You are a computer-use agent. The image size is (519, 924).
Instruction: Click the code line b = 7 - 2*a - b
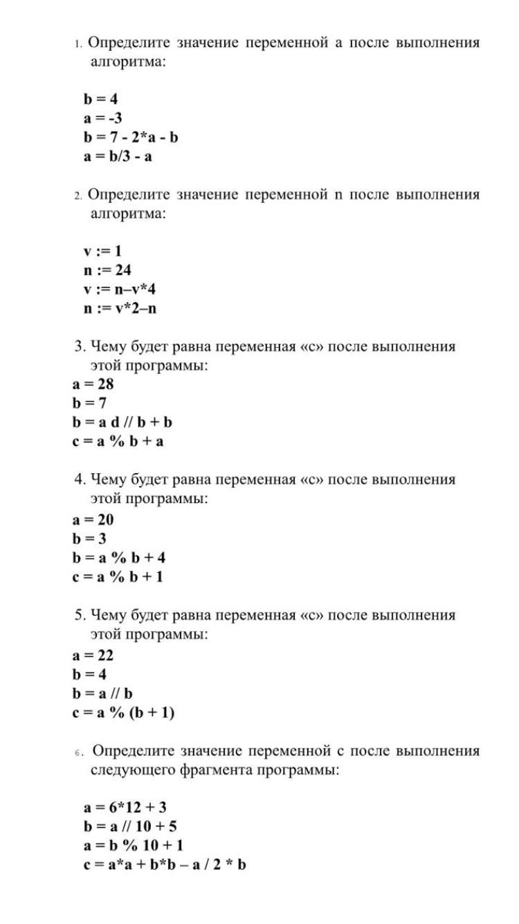(131, 137)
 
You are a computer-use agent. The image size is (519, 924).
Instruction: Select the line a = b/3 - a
(118, 157)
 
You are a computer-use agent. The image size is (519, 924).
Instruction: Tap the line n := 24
(108, 270)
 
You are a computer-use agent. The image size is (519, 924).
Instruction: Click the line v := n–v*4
(120, 289)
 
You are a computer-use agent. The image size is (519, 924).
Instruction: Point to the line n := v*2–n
(120, 308)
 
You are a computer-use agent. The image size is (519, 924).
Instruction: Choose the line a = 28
(93, 384)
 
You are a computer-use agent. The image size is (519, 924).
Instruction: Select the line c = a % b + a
(118, 441)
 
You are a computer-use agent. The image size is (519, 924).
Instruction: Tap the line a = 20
(93, 519)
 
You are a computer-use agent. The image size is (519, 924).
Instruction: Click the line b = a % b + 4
(118, 558)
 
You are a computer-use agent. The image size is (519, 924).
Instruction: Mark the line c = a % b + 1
(118, 576)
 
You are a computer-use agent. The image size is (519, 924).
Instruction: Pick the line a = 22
(93, 655)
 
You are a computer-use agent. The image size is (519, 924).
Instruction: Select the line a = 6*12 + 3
(125, 808)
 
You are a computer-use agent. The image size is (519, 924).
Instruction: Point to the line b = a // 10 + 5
(131, 826)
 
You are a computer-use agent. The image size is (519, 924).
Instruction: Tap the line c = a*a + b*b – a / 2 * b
(165, 865)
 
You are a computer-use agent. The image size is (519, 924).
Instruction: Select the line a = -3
(104, 118)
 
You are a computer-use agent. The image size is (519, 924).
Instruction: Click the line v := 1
(103, 251)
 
